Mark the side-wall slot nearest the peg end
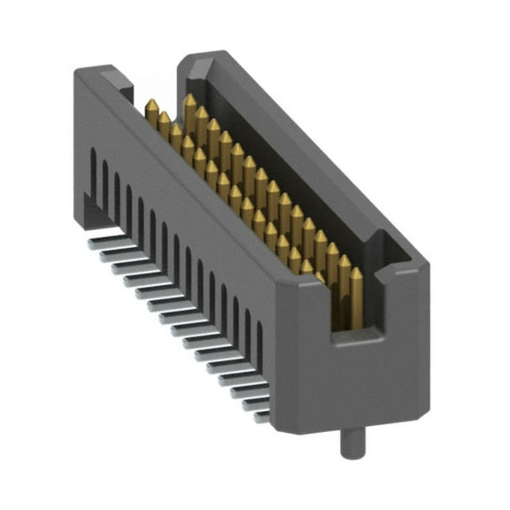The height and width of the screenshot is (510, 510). (259, 342)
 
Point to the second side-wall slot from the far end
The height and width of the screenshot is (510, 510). (104, 175)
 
